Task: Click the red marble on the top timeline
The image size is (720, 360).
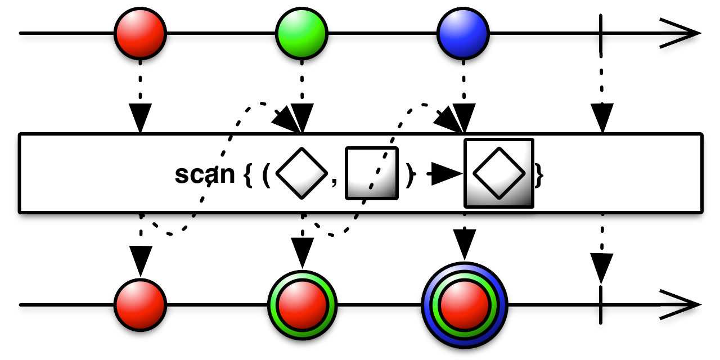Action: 140,33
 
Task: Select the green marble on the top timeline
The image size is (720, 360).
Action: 301,33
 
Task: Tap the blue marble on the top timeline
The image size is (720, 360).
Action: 463,33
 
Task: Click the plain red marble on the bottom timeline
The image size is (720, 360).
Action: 140,304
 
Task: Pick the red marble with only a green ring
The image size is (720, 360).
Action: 301,304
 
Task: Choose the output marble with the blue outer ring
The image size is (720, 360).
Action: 464,304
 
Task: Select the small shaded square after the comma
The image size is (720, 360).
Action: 371,173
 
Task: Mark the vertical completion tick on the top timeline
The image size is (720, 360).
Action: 602,33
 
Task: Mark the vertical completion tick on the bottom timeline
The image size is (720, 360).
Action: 602,304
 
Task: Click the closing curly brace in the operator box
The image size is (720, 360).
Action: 539,175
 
